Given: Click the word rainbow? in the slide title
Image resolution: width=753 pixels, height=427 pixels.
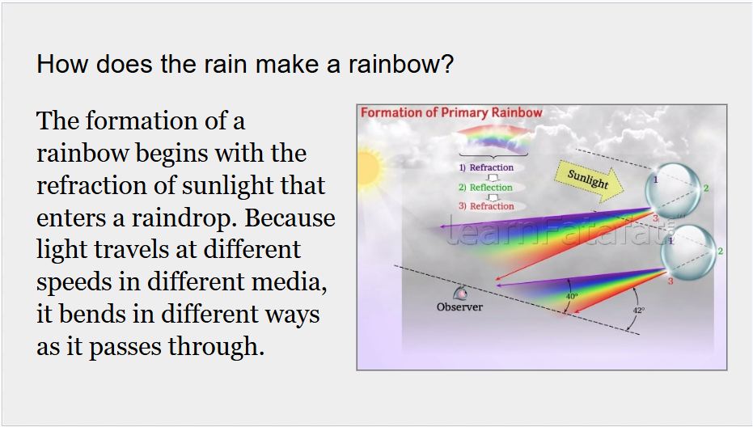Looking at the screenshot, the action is tap(401, 64).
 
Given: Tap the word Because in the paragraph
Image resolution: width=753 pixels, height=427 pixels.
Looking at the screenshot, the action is tap(290, 218).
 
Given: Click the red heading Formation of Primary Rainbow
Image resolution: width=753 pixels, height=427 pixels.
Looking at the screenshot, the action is tap(451, 113).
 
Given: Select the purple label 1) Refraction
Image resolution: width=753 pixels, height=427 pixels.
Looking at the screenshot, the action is tap(486, 167).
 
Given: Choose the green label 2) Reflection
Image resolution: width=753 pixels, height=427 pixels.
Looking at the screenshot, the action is tap(485, 188).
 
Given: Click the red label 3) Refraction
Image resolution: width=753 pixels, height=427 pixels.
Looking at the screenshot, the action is tap(486, 206).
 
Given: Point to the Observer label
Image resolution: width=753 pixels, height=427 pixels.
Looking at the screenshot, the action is tap(459, 307).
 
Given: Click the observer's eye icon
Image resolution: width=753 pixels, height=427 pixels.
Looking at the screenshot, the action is tap(460, 293).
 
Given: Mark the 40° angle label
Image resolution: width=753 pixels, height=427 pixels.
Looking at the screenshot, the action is tap(572, 296).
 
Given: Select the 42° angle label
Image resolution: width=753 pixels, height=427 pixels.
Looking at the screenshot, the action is tap(639, 311).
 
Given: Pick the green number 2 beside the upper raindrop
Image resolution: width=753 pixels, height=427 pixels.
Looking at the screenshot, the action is tap(706, 188).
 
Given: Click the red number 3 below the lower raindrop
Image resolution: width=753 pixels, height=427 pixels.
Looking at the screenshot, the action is tap(671, 281).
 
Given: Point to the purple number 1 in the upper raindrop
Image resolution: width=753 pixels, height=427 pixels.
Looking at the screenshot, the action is tap(655, 180).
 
